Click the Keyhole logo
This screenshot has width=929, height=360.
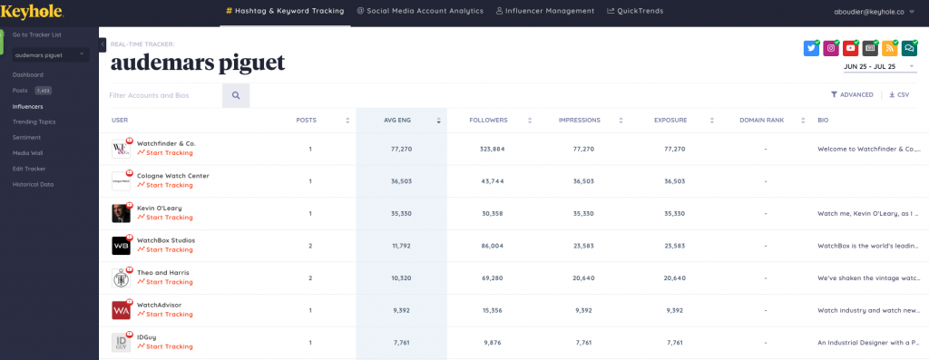[32, 11]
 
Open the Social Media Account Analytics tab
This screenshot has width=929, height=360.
[421, 11]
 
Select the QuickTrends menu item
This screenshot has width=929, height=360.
[635, 11]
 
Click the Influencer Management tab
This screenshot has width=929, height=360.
[545, 11]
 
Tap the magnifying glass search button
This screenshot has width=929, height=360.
[236, 94]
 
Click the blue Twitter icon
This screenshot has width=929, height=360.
[811, 49]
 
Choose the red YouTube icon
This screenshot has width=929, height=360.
[850, 49]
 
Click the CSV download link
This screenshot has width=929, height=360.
[899, 94]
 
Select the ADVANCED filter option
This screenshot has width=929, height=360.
[852, 94]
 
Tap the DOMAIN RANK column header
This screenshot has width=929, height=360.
[760, 120]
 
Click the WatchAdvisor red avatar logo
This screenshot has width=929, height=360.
[122, 310]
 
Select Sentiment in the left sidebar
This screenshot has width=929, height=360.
[26, 137]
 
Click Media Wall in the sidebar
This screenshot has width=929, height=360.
[28, 152]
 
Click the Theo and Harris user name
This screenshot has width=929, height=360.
[163, 272]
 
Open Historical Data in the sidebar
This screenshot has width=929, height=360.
[33, 184]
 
